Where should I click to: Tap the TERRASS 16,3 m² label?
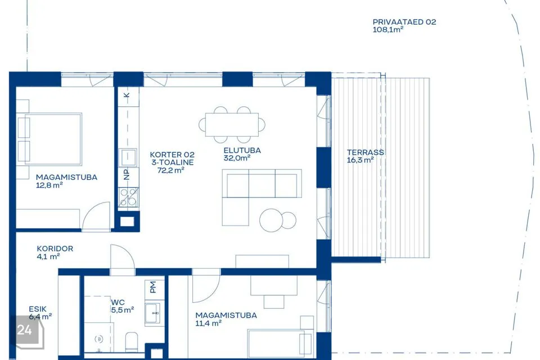365,156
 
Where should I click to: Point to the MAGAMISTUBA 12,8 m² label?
66,181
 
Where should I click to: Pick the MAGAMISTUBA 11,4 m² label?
226,319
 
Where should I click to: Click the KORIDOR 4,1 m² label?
55,253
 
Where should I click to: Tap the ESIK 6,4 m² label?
40,313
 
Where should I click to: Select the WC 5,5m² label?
122,306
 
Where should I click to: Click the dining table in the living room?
232,124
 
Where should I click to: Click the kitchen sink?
128,157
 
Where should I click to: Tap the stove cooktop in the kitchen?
128,197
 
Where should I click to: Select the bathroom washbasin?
152,313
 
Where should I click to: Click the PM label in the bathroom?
153,287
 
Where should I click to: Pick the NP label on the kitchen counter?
127,174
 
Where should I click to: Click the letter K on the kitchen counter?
127,94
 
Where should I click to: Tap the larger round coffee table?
271,220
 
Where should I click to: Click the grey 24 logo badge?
27,331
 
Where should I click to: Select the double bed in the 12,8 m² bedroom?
49,139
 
